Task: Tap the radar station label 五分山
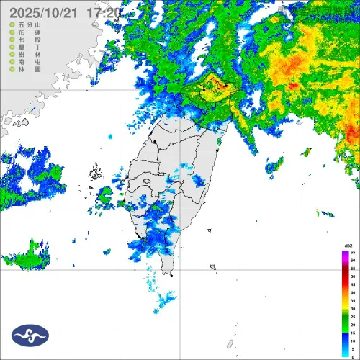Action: point(26,25)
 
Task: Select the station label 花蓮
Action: point(26,33)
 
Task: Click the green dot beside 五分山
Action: point(12,25)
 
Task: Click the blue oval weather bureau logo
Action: point(30,335)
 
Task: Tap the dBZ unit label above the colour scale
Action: point(348,246)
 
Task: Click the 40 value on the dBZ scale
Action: point(353,293)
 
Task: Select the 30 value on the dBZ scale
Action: point(353,309)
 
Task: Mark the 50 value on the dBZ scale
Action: point(353,276)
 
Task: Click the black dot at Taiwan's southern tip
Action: point(171,275)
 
